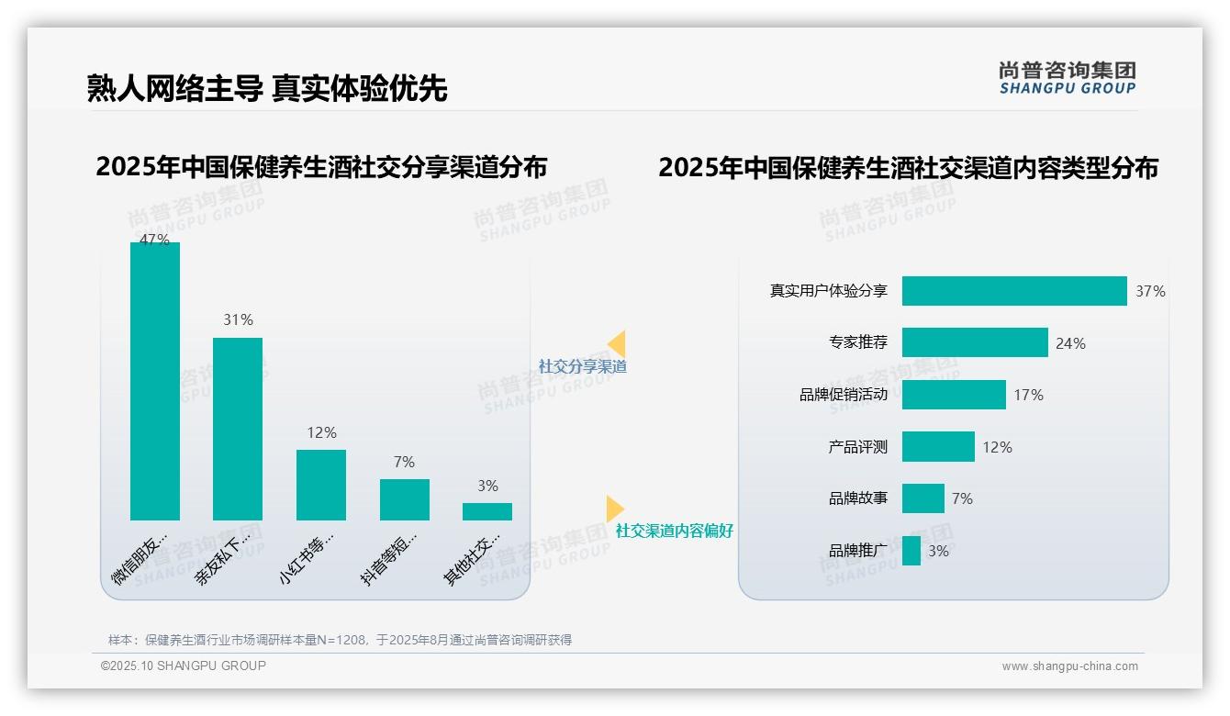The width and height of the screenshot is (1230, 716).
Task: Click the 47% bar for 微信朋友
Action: point(155,381)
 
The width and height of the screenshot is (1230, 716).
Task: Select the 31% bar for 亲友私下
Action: point(238,429)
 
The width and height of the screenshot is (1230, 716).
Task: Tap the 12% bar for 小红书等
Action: point(321,485)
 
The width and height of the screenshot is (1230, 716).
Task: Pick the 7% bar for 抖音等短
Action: point(404,499)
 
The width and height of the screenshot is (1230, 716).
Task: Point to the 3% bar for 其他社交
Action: point(487,511)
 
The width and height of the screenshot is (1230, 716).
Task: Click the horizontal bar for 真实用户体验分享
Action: point(1014,291)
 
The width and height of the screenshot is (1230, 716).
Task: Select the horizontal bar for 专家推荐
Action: point(975,342)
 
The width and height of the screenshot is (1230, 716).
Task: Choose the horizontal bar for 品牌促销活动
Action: point(954,395)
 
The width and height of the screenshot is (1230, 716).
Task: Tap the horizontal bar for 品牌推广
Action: point(911,551)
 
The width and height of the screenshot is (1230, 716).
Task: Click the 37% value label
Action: point(1150,291)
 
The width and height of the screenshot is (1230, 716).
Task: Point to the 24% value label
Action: point(1070,343)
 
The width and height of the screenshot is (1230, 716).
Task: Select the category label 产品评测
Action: point(857,447)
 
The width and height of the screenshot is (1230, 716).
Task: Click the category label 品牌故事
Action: point(857,498)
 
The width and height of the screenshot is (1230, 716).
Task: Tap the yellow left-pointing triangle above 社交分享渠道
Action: point(617,344)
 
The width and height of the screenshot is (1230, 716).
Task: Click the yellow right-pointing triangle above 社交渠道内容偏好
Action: point(615,509)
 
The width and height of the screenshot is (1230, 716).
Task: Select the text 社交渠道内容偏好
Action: point(675,531)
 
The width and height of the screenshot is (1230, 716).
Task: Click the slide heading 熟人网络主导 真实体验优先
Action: point(267,88)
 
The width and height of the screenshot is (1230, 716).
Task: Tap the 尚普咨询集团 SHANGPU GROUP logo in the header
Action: point(1067,78)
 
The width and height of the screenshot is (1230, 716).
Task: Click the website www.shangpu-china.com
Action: point(1069,666)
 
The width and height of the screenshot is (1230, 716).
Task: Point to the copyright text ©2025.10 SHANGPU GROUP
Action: point(184,666)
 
